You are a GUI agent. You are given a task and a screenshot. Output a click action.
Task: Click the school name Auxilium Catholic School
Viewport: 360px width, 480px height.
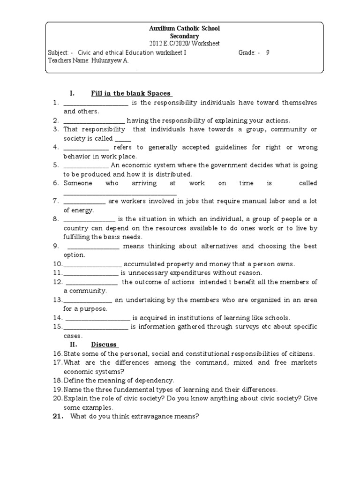[184, 29]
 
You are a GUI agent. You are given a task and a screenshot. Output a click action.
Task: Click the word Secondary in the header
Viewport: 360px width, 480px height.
[184, 36]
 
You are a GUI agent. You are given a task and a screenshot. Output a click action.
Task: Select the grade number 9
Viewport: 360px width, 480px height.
[268, 52]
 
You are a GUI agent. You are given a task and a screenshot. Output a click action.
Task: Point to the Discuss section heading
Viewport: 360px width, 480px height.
[104, 345]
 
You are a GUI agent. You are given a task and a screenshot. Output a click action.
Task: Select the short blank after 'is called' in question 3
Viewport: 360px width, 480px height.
[123, 139]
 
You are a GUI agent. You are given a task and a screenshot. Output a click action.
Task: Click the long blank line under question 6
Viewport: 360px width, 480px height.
[120, 193]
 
